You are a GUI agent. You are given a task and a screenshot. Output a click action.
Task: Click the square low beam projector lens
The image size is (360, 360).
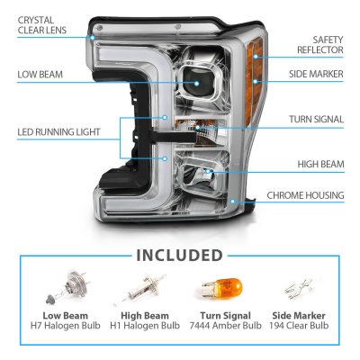(x=200, y=86)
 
